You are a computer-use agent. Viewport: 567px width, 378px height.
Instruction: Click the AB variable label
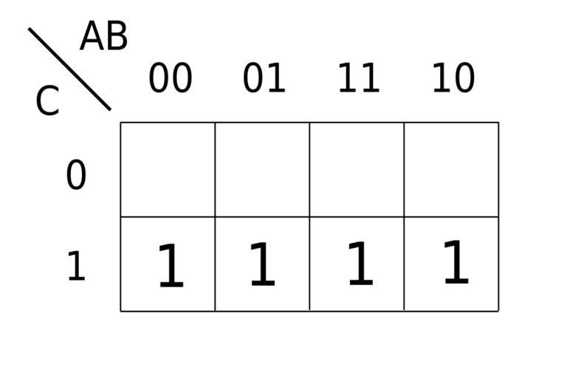pyautogui.click(x=104, y=36)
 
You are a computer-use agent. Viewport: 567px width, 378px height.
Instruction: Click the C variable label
pyautogui.click(x=47, y=100)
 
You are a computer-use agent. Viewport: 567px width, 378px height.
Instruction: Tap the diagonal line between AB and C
pyautogui.click(x=69, y=69)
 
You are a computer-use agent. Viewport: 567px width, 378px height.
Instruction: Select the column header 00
pyautogui.click(x=171, y=78)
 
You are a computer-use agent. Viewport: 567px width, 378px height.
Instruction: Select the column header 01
pyautogui.click(x=264, y=78)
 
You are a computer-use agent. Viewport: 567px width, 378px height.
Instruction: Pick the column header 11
pyautogui.click(x=359, y=78)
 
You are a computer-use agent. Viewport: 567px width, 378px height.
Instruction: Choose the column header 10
pyautogui.click(x=453, y=78)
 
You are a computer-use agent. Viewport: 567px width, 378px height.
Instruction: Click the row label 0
pyautogui.click(x=76, y=175)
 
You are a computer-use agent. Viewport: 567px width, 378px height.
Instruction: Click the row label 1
pyautogui.click(x=76, y=266)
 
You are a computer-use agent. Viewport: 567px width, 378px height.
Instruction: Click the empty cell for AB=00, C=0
pyautogui.click(x=168, y=170)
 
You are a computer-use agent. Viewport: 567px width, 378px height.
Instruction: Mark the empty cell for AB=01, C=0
pyautogui.click(x=262, y=170)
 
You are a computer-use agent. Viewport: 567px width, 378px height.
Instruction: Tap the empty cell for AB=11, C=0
pyautogui.click(x=357, y=170)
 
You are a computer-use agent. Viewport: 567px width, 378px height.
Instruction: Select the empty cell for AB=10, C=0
pyautogui.click(x=451, y=170)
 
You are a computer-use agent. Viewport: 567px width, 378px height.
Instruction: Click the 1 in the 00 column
pyautogui.click(x=171, y=266)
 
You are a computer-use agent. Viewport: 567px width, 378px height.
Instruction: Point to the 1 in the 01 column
pyautogui.click(x=263, y=264)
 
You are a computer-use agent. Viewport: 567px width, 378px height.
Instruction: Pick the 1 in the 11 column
pyautogui.click(x=360, y=264)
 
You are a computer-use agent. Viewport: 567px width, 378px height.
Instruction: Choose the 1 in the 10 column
pyautogui.click(x=456, y=261)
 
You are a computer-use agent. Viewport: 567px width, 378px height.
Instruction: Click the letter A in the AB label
pyautogui.click(x=92, y=36)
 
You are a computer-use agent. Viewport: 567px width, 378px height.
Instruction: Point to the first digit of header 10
pyautogui.click(x=442, y=78)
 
